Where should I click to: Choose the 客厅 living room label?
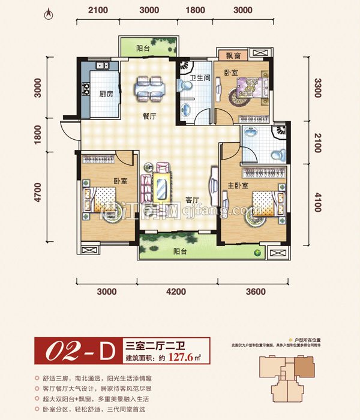click(x=192, y=200)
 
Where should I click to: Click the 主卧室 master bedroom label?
click(x=240, y=168)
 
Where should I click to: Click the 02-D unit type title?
click(x=77, y=352)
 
